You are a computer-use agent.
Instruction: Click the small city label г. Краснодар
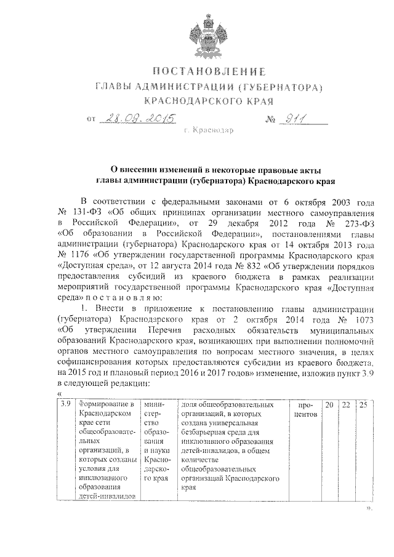pos(209,131)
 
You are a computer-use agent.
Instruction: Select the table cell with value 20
pos(330,405)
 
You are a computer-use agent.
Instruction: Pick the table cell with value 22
pos(346,405)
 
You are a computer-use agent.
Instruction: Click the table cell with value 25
pos(363,405)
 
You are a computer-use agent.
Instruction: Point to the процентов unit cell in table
pos(305,410)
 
